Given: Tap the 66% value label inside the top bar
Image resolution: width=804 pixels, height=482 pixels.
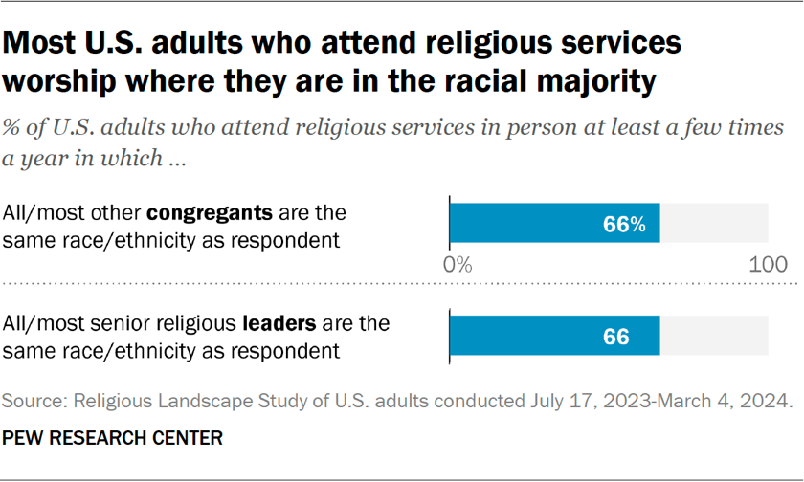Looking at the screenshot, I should (624, 225).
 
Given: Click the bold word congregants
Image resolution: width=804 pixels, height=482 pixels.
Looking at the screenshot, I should (199, 213).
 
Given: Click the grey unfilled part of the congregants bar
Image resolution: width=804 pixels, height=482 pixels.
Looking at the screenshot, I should (714, 224).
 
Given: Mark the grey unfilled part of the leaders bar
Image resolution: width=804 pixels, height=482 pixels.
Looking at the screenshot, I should (714, 337).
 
